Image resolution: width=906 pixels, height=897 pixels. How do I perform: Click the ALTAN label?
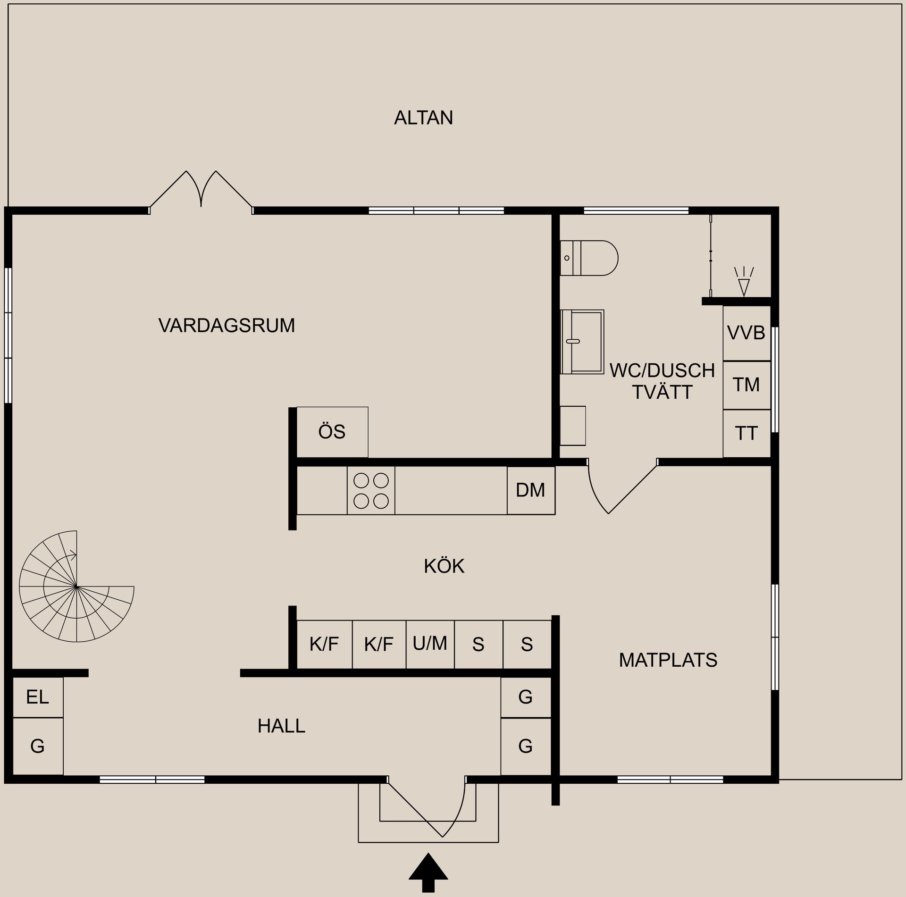(x=423, y=117)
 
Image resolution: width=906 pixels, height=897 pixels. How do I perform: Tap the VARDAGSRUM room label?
(x=226, y=325)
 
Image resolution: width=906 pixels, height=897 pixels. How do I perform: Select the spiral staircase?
(x=76, y=586)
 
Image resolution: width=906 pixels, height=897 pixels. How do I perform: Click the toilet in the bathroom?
(x=589, y=258)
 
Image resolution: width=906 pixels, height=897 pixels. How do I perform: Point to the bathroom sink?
(x=582, y=342)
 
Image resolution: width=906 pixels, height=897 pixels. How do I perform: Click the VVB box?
(x=747, y=333)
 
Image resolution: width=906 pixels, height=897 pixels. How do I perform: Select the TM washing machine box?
(x=747, y=385)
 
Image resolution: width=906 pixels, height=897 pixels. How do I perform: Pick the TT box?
(x=747, y=433)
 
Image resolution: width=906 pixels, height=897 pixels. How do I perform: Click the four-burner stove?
(x=371, y=490)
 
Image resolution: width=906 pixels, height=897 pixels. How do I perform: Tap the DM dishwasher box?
(x=531, y=490)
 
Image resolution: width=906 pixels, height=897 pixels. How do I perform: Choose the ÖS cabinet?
(x=332, y=432)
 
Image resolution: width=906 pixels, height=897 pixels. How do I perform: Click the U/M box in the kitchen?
(x=430, y=644)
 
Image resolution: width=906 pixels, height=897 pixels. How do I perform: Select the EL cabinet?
(x=38, y=697)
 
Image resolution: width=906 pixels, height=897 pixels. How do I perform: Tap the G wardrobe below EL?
(x=38, y=746)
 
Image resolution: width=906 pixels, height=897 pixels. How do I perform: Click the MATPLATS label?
(x=668, y=660)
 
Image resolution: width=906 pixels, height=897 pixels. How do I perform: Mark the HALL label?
(x=281, y=726)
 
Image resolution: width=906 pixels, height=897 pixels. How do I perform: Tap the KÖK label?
(x=444, y=566)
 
